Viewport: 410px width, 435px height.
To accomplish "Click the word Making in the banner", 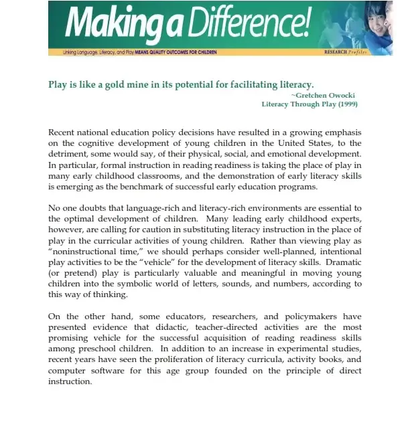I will [108, 25].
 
